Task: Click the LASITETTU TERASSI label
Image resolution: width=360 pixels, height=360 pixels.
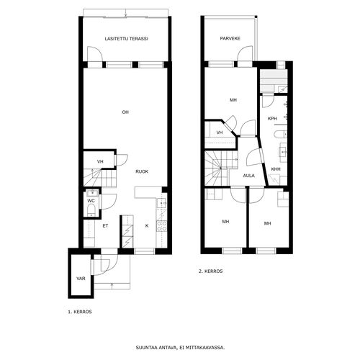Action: [126, 39]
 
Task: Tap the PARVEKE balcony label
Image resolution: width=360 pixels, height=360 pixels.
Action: [230, 38]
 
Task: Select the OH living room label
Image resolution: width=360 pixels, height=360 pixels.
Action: [125, 112]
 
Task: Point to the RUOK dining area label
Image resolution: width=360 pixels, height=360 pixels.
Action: [142, 171]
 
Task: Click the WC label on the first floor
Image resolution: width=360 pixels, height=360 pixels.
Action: [91, 201]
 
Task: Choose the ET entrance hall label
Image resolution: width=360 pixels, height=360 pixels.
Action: [105, 226]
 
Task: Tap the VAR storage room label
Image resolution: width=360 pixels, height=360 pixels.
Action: [81, 279]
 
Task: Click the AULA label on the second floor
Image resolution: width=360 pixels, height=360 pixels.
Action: [249, 176]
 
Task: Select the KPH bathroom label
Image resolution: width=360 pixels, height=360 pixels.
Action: [272, 119]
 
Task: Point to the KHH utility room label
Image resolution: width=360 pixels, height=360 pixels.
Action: [276, 169]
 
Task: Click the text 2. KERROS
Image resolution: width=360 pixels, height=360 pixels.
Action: [210, 271]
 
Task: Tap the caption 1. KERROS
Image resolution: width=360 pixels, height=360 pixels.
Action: [80, 312]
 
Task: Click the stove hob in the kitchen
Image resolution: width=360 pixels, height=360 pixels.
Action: [162, 226]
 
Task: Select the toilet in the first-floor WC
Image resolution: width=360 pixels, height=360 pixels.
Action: [91, 210]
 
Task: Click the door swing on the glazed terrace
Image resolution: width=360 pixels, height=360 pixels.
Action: [95, 54]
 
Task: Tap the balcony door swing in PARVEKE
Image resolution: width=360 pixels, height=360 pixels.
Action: [245, 54]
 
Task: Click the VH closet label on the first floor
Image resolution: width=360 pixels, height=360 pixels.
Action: [100, 161]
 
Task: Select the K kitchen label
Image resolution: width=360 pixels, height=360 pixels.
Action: [147, 226]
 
